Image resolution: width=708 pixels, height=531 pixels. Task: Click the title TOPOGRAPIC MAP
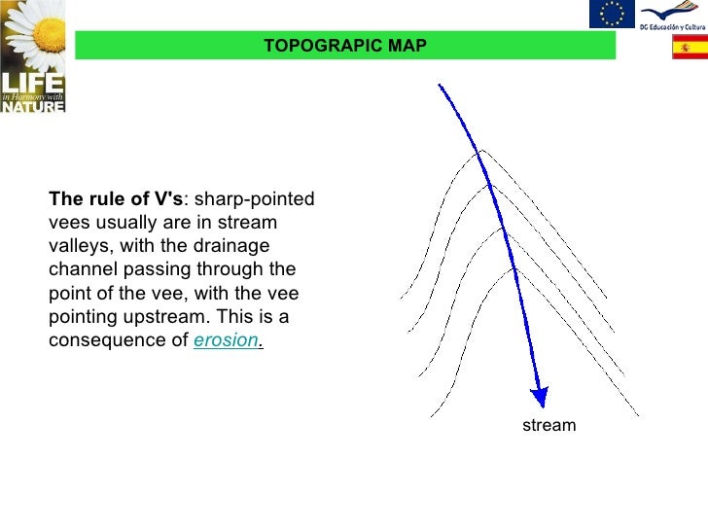click(x=344, y=46)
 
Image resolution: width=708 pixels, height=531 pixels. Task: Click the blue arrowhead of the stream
click(x=538, y=397)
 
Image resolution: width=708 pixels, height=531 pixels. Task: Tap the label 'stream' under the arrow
click(x=549, y=425)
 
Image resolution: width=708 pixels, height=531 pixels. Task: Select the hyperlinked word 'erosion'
click(x=226, y=341)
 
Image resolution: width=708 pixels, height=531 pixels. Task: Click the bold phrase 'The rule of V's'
click(x=116, y=199)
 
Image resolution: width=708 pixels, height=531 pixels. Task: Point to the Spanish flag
click(x=690, y=47)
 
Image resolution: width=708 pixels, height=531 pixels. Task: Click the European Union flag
click(x=612, y=14)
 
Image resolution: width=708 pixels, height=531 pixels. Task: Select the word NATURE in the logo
click(x=32, y=105)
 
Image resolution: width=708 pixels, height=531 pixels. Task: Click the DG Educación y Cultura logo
click(x=672, y=14)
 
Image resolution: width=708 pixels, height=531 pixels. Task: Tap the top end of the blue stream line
click(x=440, y=86)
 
